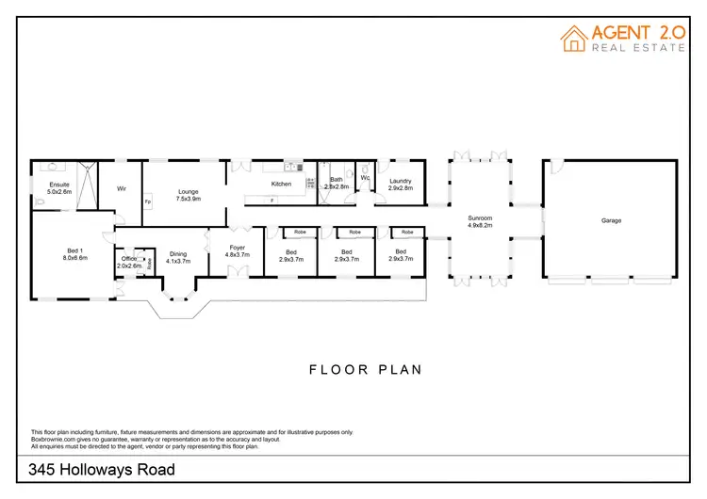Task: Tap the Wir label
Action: pyautogui.click(x=122, y=188)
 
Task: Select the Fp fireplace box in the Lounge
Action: pyautogui.click(x=147, y=202)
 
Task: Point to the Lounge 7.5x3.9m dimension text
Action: pyautogui.click(x=189, y=199)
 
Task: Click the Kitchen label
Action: pyautogui.click(x=281, y=184)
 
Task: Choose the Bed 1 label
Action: pyautogui.click(x=75, y=250)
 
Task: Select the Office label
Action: pyautogui.click(x=129, y=259)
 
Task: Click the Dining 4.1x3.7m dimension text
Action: pyautogui.click(x=178, y=261)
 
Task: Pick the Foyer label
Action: pyautogui.click(x=237, y=248)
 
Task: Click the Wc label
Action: pyautogui.click(x=365, y=177)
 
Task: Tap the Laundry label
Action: pyautogui.click(x=401, y=181)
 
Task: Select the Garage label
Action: pyautogui.click(x=611, y=220)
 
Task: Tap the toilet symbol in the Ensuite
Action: pyautogui.click(x=38, y=202)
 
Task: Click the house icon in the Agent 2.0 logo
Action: pyautogui.click(x=573, y=38)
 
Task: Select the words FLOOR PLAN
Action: pyautogui.click(x=366, y=369)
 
